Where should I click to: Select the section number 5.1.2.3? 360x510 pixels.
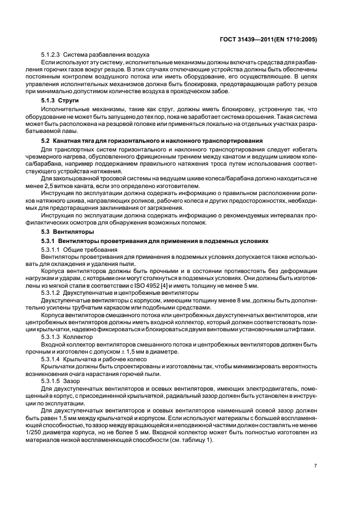click(51, 55)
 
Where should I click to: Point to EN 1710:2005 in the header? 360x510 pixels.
click(298, 40)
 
